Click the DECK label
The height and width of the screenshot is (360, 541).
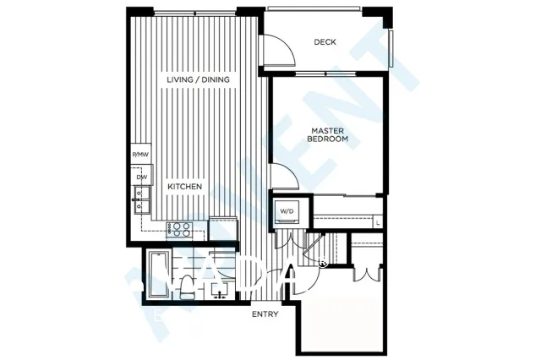(x=325, y=42)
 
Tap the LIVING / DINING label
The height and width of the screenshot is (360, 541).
(x=199, y=79)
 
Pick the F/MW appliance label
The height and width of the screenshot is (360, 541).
(x=140, y=155)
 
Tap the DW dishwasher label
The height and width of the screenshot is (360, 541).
(x=140, y=177)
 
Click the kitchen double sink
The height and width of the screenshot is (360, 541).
(x=140, y=204)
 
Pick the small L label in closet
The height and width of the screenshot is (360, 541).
(x=377, y=222)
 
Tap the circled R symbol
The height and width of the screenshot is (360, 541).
(x=324, y=262)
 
